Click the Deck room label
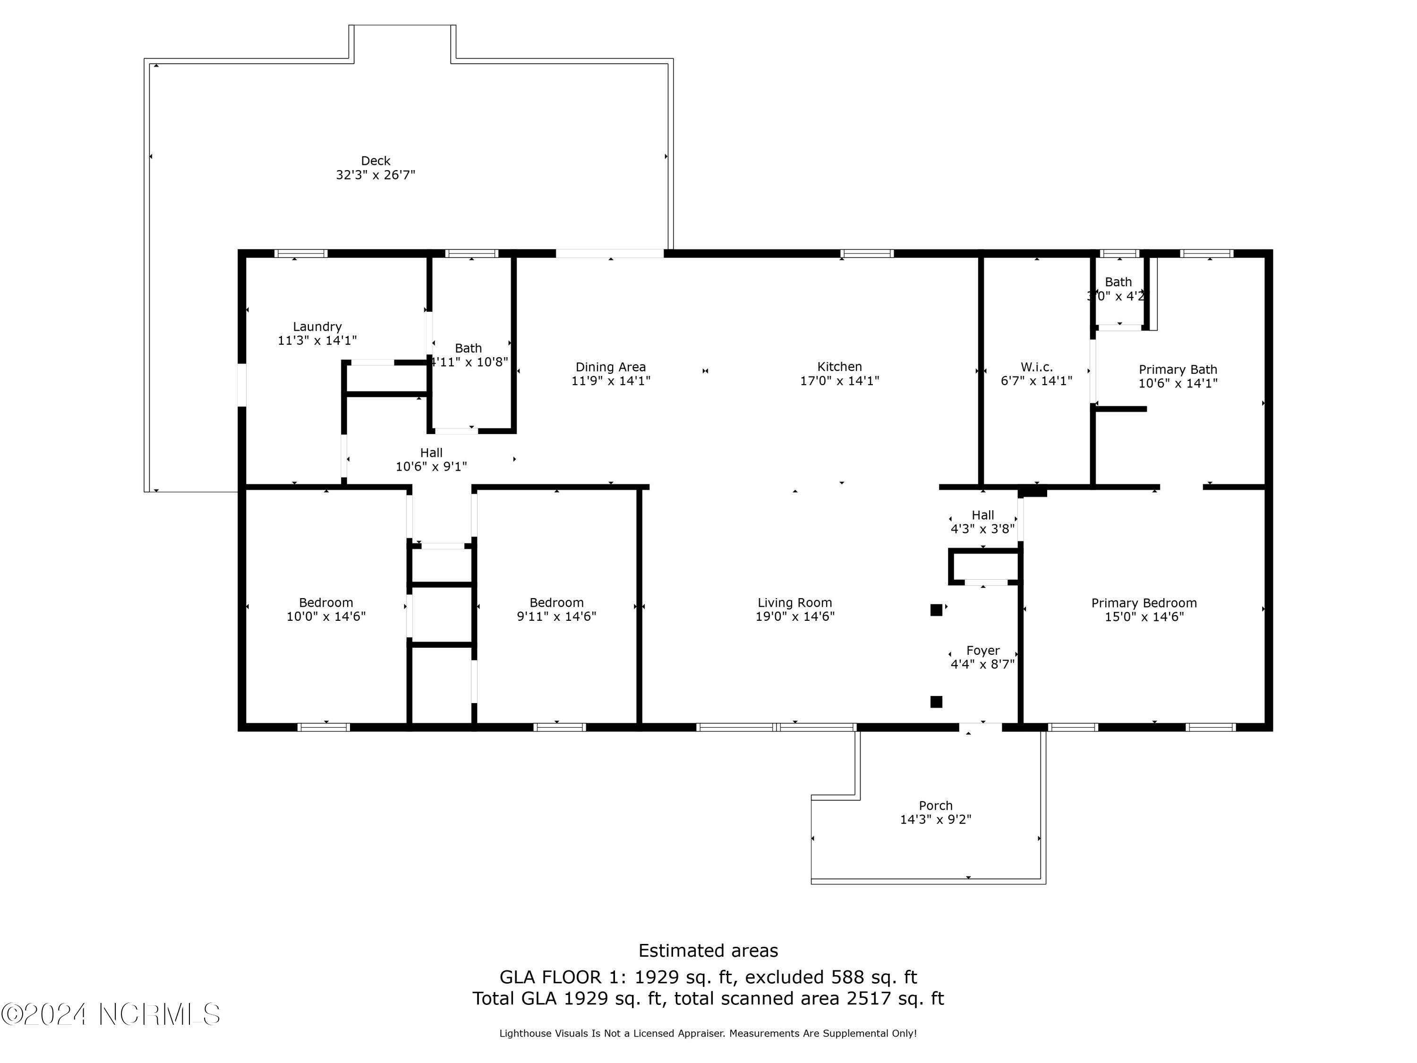376,161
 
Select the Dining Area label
610,367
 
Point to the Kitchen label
839,367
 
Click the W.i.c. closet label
1036,367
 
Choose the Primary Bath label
1178,370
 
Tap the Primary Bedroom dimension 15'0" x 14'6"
1144,617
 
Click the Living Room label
794,603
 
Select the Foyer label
982,651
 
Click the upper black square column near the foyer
936,610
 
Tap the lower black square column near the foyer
936,702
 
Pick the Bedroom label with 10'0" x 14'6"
325,603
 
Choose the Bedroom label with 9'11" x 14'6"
556,603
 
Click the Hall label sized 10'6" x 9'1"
431,453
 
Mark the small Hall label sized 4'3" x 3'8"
982,515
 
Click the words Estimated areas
708,950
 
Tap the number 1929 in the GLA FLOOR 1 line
656,977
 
